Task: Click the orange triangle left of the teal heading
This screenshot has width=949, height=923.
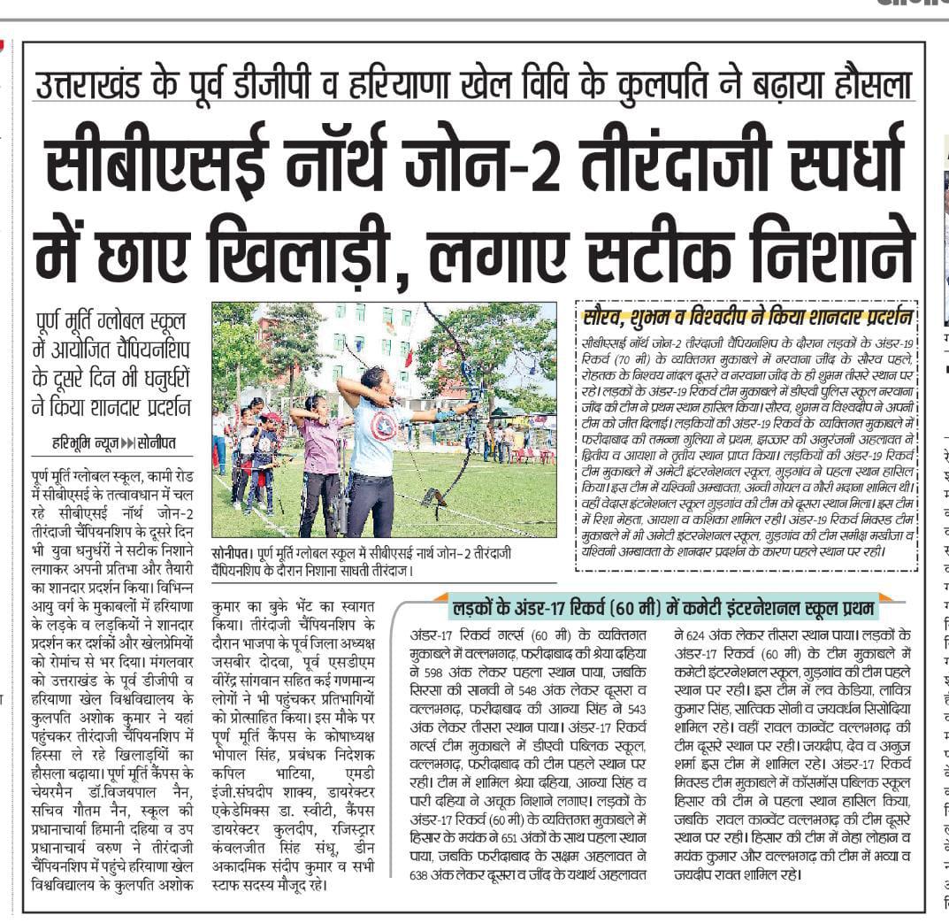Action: pyautogui.click(x=440, y=599)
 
